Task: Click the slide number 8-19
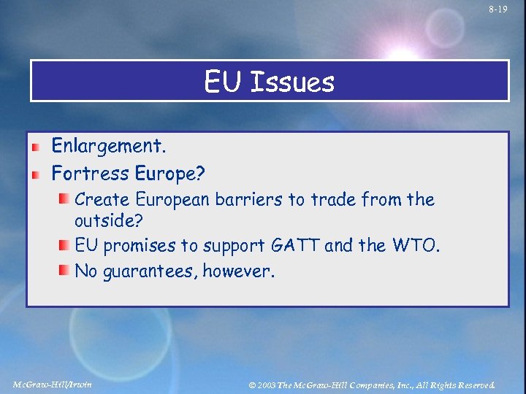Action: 498,9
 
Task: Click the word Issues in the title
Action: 291,82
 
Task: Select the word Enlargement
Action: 109,147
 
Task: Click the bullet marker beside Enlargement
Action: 34,147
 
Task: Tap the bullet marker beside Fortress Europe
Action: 34,174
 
